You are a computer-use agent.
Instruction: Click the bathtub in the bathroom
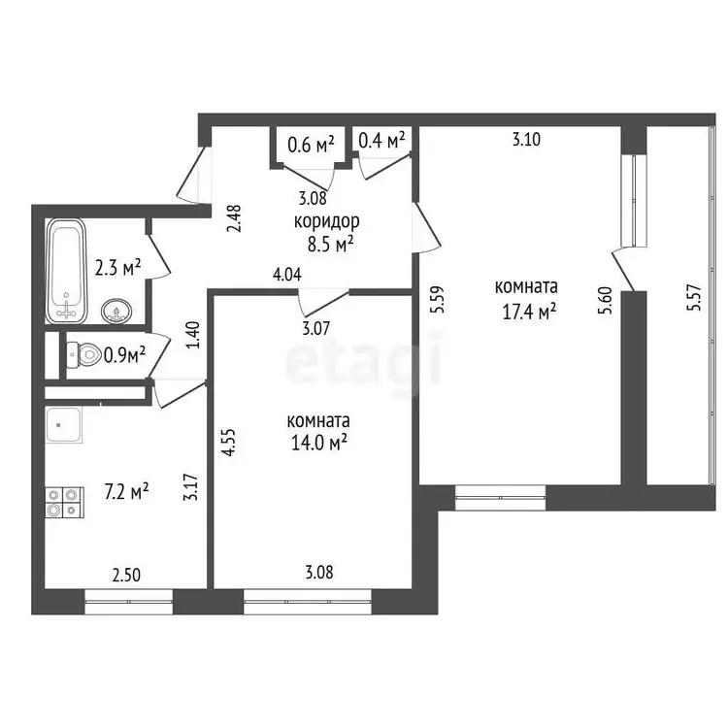66,271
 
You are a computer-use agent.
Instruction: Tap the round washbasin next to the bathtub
116,311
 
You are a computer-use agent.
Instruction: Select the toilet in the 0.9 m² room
83,354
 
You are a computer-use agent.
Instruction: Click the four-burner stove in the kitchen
64,503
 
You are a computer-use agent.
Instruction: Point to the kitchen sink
64,425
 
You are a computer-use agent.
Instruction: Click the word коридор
327,221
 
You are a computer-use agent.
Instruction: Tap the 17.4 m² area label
529,312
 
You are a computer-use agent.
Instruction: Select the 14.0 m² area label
319,443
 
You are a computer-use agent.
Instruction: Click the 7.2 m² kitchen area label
127,492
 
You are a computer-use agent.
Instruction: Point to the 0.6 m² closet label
311,145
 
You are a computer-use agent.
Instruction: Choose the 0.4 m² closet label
381,139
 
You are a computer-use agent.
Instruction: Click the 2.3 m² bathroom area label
117,268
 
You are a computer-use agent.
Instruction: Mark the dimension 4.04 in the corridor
287,275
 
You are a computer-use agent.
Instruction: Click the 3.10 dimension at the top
526,139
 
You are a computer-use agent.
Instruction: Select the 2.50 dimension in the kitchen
126,576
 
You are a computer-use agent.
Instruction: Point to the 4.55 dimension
230,443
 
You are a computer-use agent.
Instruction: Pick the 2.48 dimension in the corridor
235,218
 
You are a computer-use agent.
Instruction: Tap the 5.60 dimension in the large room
606,300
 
